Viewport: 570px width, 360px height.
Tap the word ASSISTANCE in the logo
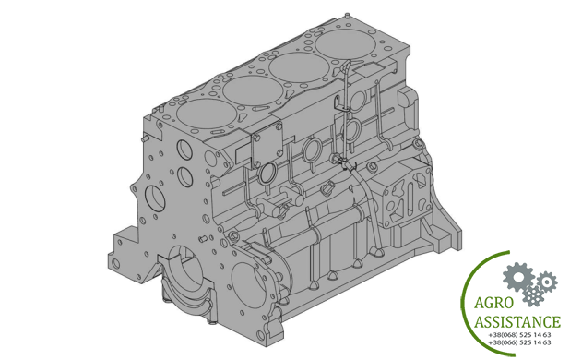tap(517, 322)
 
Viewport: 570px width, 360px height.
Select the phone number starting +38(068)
tap(520, 334)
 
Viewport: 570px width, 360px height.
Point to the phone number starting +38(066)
tap(520, 342)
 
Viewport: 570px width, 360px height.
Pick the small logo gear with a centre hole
tap(546, 282)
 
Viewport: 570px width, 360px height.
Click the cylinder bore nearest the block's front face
tap(206, 114)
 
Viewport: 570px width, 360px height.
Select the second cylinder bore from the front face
tap(253, 90)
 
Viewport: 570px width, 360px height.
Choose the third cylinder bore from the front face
tap(299, 66)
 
